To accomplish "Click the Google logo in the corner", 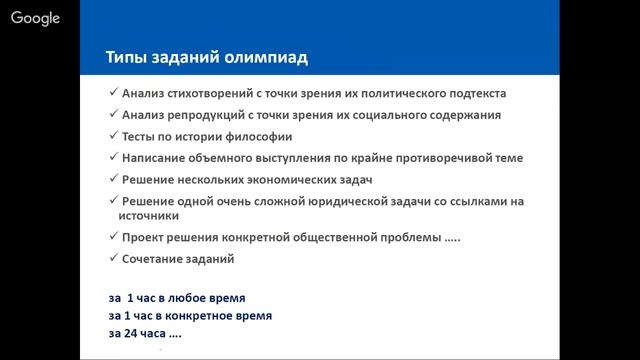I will pos(36,18).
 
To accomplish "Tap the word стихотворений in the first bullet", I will pos(216,93).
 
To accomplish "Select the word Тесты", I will pos(141,136).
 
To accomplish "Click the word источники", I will pos(151,215).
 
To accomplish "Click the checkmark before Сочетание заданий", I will pos(112,259).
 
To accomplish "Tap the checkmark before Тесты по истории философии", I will pos(112,136).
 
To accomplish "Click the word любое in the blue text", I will pos(188,298).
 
